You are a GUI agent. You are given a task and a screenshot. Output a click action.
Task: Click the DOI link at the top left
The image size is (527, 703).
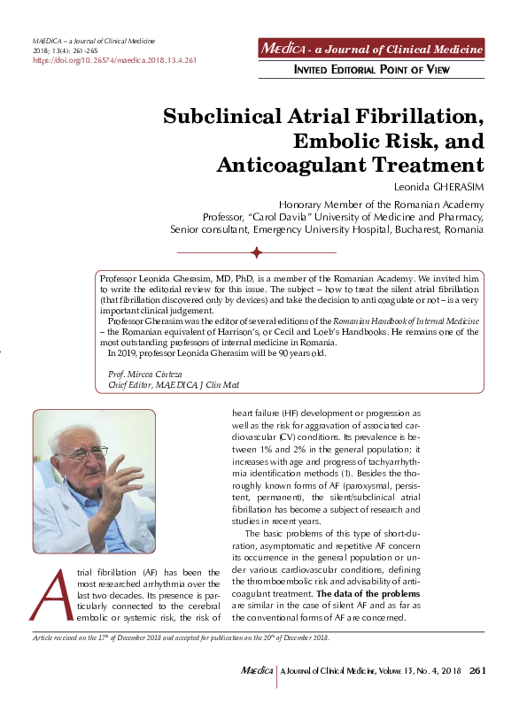tap(114, 61)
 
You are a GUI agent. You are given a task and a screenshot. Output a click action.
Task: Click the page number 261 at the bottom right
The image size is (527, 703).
tap(478, 671)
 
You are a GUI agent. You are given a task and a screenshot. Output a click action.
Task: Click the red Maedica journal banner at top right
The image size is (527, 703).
tap(371, 49)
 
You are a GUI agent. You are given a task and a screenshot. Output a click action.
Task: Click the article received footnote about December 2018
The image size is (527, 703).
tap(181, 637)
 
